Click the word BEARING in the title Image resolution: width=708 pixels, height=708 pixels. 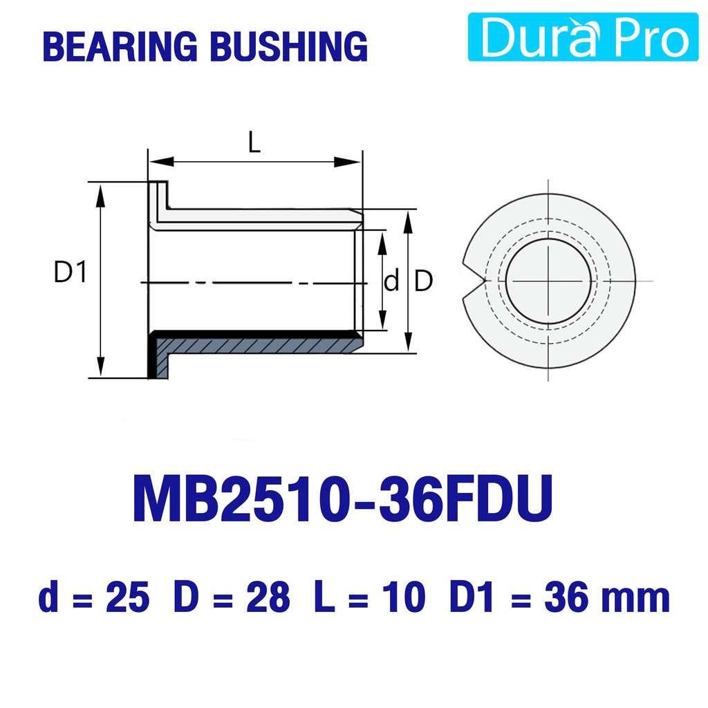120,46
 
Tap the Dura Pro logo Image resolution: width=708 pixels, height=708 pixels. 583,37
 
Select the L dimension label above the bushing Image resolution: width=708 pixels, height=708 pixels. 254,142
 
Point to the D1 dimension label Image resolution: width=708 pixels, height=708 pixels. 70,272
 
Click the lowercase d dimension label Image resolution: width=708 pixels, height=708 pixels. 391,281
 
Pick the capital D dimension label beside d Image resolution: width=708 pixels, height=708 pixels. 423,281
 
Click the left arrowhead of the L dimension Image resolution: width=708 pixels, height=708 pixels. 161,161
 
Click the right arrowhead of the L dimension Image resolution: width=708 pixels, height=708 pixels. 348,162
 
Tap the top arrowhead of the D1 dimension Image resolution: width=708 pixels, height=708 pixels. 100,195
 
